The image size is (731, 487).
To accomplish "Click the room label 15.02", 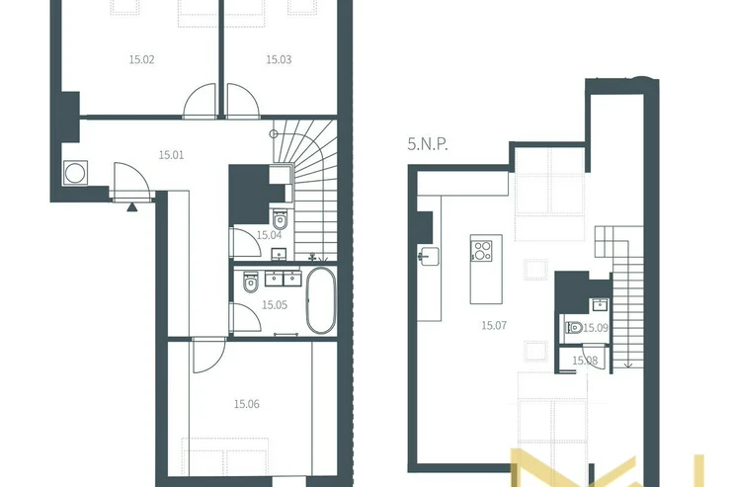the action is pos(141,59).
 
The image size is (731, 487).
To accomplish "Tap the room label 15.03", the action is pos(279,59).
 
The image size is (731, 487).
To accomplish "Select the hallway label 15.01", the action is pos(171,155).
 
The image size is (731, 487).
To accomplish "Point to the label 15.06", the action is pos(247,404).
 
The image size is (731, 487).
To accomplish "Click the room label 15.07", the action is pos(494,325).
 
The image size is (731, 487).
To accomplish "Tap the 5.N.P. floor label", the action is pos(428,144).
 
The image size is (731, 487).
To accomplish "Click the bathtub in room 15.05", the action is pos(321,300).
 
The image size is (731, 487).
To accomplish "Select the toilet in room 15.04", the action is pos(280,218).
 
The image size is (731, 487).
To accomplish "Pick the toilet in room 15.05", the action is pos(250,283).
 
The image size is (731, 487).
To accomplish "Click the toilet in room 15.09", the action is pos(574,328).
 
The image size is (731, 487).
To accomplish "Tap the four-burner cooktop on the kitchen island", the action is pos(482,250).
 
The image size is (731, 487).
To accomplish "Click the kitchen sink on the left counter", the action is pos(429,256).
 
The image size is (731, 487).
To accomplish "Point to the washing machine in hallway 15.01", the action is pos(75,173).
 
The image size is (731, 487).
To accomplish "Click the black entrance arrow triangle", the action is pos(132,206).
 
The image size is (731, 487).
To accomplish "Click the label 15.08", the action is pos(585,361).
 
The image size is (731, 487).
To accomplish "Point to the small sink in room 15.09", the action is pos(600,305).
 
